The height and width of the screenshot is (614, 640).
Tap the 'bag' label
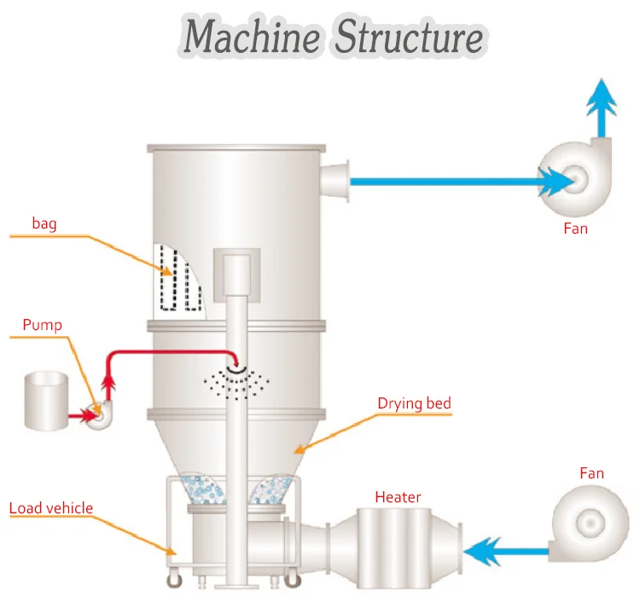click(x=44, y=223)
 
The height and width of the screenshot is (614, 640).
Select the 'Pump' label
click(x=42, y=325)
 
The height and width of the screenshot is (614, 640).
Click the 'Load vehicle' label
click(x=50, y=509)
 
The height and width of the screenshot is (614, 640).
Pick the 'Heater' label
click(x=398, y=496)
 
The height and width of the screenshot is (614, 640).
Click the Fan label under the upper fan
click(x=575, y=229)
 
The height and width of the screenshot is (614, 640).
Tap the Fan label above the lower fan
click(x=591, y=473)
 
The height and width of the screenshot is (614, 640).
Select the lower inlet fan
click(x=591, y=520)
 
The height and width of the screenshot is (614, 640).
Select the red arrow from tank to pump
click(x=81, y=416)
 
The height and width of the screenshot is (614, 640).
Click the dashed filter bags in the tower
click(x=181, y=279)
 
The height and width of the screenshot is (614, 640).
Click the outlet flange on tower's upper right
click(x=338, y=181)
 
